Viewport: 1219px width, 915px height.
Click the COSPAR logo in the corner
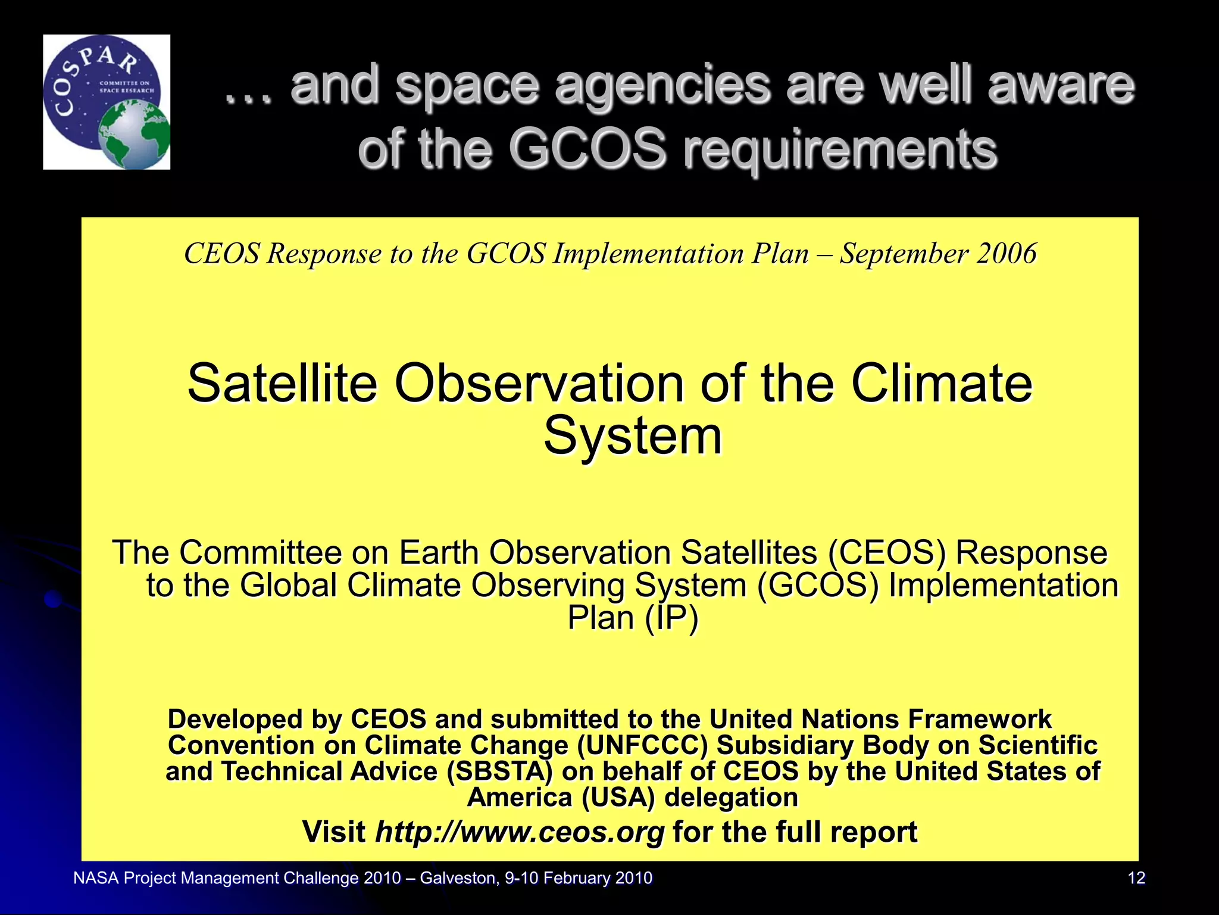click(x=106, y=102)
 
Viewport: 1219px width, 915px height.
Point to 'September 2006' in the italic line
click(x=938, y=254)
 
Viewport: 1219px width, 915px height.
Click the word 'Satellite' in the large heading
click(x=282, y=384)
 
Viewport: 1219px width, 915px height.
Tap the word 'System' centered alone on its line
click(x=632, y=436)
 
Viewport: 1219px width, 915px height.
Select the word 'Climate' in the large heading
click(x=942, y=384)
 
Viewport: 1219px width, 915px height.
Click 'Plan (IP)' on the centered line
click(x=632, y=618)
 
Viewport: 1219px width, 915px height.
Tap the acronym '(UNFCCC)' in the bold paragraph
click(x=642, y=745)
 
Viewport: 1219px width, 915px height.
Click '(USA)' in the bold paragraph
click(x=618, y=798)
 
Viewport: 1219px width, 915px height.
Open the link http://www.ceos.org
click(x=519, y=832)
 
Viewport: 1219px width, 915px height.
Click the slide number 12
click(x=1136, y=878)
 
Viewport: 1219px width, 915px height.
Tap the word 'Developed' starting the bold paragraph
click(x=235, y=720)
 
